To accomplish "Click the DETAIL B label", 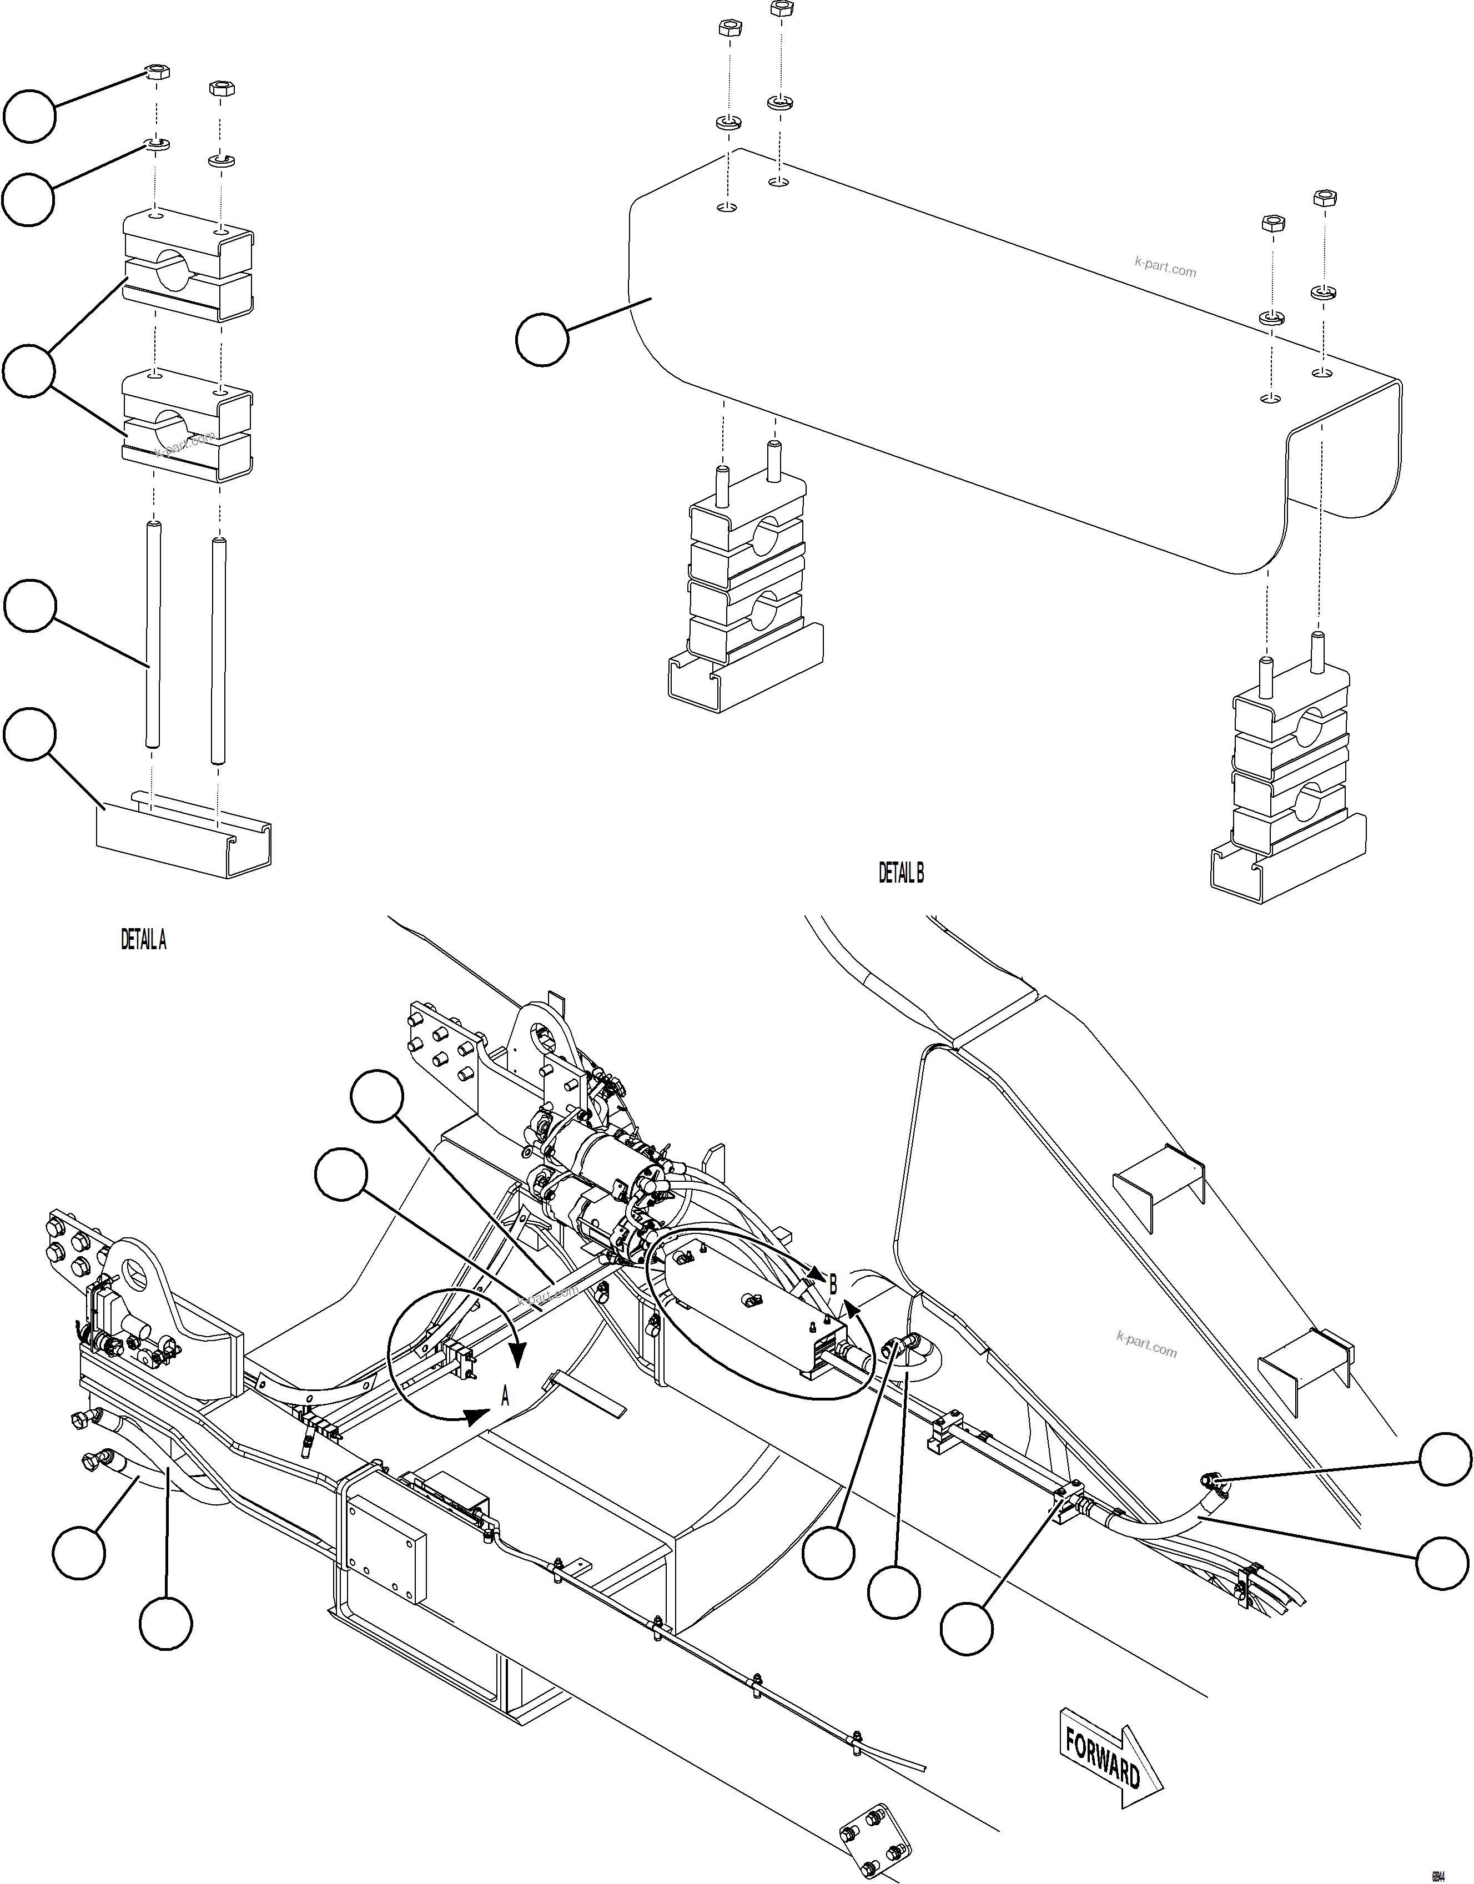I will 901,873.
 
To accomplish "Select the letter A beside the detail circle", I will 506,1397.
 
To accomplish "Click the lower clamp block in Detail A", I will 188,427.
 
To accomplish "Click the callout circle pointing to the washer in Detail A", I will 28,199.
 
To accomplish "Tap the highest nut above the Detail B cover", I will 781,9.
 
